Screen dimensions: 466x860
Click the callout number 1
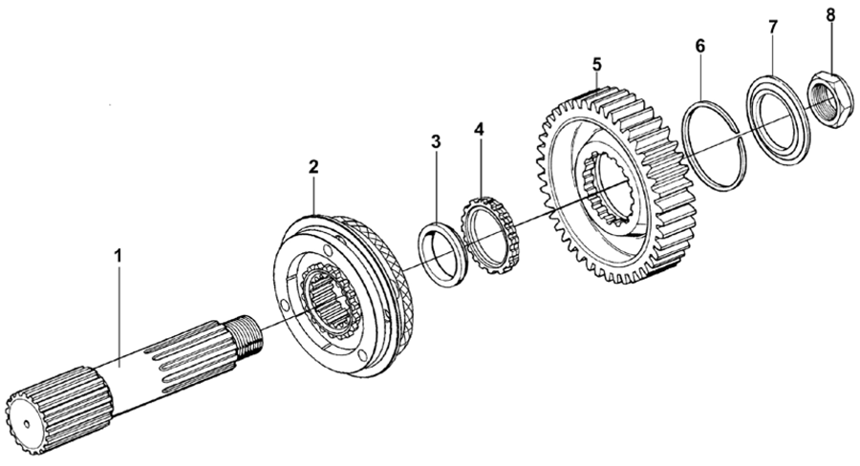118,256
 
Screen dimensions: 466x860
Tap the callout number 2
312,166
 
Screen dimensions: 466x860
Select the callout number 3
435,142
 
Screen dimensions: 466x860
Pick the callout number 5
596,65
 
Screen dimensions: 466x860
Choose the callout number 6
700,46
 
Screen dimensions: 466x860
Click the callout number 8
829,14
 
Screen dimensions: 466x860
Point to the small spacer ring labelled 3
441,252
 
